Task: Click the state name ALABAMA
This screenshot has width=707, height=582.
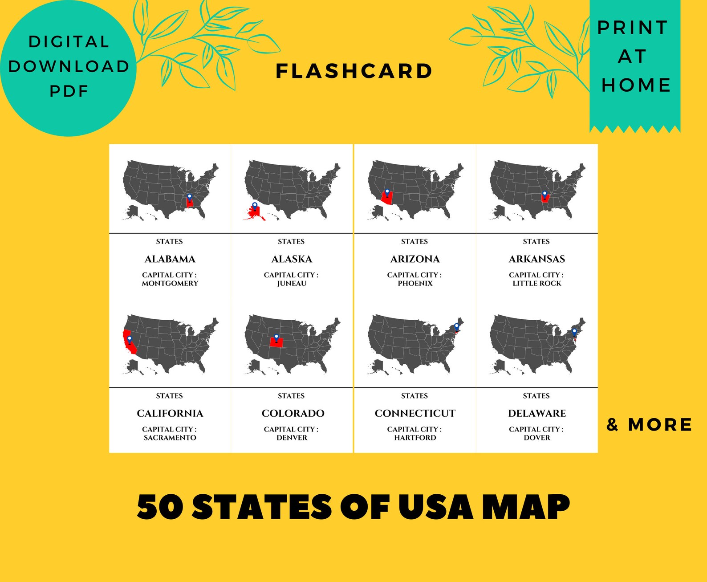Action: pyautogui.click(x=170, y=259)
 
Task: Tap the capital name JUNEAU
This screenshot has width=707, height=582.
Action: pyautogui.click(x=292, y=283)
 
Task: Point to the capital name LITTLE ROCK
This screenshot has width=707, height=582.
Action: pyautogui.click(x=536, y=283)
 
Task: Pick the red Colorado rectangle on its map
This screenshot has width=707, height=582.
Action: pyautogui.click(x=276, y=342)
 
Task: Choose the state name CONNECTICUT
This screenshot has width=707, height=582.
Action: pyautogui.click(x=415, y=413)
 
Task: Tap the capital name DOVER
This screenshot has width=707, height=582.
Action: pyautogui.click(x=536, y=438)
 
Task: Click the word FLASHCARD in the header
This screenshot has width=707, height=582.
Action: pyautogui.click(x=354, y=71)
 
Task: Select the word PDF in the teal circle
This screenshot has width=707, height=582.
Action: pyautogui.click(x=69, y=91)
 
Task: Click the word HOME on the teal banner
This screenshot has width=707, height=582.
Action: pyautogui.click(x=636, y=85)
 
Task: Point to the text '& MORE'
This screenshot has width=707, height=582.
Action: pyautogui.click(x=649, y=425)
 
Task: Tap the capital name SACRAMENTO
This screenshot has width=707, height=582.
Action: pyautogui.click(x=170, y=438)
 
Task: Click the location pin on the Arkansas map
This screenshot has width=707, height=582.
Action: pyautogui.click(x=544, y=195)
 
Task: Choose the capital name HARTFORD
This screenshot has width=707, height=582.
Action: pyautogui.click(x=415, y=438)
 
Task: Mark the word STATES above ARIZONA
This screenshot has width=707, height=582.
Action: pyautogui.click(x=414, y=241)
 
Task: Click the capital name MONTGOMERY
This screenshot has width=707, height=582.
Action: pyautogui.click(x=170, y=283)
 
